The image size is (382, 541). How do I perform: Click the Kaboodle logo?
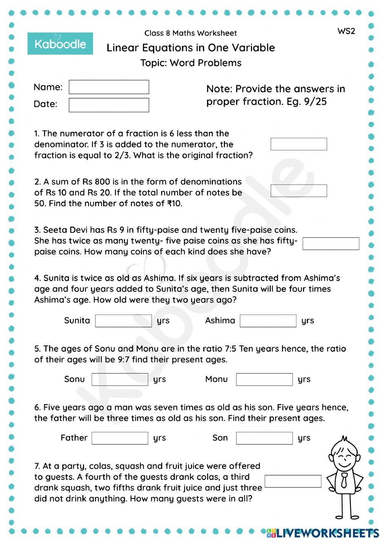(x=60, y=44)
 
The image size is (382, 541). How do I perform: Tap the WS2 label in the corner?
(x=346, y=31)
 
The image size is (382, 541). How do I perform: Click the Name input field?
(x=109, y=87)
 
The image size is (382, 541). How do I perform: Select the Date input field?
(x=109, y=105)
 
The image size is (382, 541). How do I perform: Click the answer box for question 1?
(x=299, y=144)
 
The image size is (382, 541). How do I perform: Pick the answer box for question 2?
(x=299, y=191)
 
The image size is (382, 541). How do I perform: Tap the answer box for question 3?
(x=331, y=244)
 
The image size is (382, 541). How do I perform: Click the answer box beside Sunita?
(x=123, y=321)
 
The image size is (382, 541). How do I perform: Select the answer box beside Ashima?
(x=268, y=321)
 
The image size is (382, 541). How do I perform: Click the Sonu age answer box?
(x=120, y=379)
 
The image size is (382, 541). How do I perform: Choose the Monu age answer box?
(x=264, y=379)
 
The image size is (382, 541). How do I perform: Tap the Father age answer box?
(x=120, y=438)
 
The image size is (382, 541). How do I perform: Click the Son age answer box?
(x=264, y=438)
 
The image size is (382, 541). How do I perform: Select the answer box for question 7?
(x=293, y=481)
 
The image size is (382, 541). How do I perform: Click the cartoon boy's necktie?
(x=344, y=480)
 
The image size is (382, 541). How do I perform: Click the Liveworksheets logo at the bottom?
(x=323, y=533)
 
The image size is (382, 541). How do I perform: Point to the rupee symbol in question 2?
(x=170, y=204)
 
